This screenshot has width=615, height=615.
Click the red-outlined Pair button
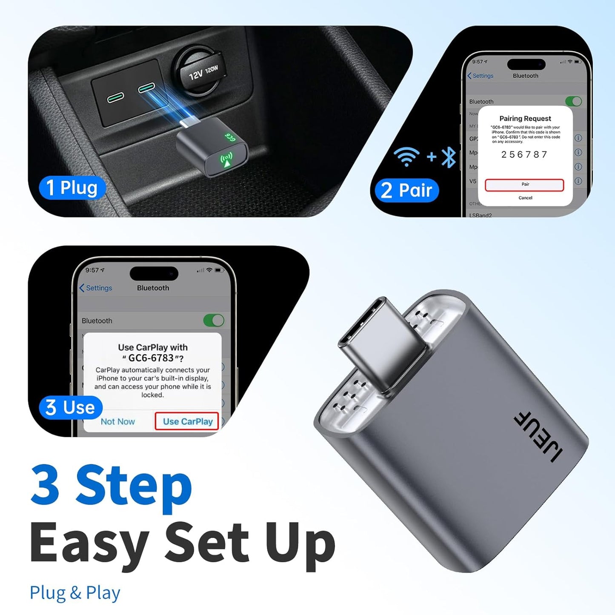click(524, 185)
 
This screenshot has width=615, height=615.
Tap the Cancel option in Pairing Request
click(525, 198)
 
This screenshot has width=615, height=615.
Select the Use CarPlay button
click(187, 421)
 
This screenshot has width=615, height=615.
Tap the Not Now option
click(117, 421)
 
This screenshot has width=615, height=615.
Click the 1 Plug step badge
click(72, 188)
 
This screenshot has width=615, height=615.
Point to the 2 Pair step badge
click(406, 190)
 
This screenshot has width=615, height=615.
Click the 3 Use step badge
click(71, 407)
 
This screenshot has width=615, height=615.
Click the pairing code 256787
click(524, 154)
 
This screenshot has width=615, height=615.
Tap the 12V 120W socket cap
click(200, 72)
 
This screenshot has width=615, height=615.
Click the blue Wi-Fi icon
click(406, 156)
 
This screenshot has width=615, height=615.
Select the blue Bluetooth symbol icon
click(449, 157)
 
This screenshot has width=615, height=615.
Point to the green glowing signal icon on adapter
click(226, 160)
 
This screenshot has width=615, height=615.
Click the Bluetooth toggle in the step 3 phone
click(214, 320)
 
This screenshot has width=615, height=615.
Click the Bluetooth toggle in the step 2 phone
click(573, 101)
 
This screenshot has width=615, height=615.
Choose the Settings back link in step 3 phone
click(96, 288)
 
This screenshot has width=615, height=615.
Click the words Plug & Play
click(75, 593)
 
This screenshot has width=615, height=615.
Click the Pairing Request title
click(525, 119)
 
